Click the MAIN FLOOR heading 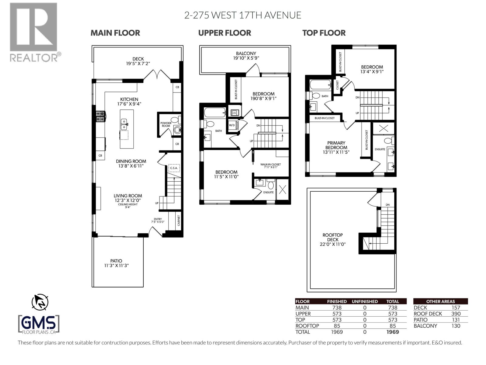click(x=115, y=33)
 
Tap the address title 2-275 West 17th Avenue click(x=243, y=15)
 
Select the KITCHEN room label click(x=129, y=99)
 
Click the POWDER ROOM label click(x=166, y=124)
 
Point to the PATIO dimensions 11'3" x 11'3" click(x=116, y=266)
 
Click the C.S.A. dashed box click(x=174, y=168)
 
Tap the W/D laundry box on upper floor click(x=232, y=125)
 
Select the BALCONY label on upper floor click(x=246, y=53)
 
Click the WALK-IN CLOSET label click(x=270, y=165)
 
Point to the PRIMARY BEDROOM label click(x=336, y=145)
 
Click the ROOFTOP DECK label click(x=333, y=237)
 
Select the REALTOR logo click(x=34, y=32)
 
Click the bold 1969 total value click(x=392, y=332)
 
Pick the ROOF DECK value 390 click(x=456, y=314)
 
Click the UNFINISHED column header click(x=364, y=301)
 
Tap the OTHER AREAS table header click(x=440, y=301)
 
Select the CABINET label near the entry click(x=179, y=221)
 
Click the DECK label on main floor click(x=138, y=59)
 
